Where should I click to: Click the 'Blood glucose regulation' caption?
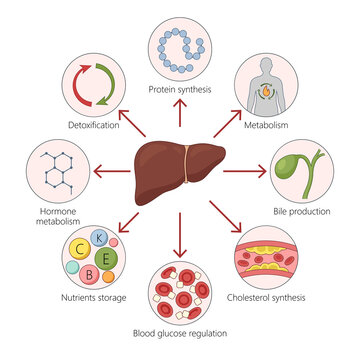pos(181,333)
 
